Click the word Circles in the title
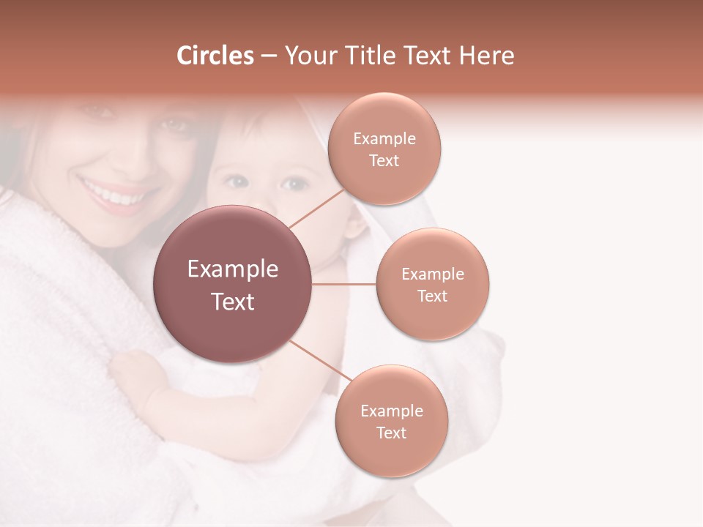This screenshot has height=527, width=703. click(215, 56)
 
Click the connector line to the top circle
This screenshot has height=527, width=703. click(316, 208)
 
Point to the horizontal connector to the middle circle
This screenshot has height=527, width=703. click(344, 284)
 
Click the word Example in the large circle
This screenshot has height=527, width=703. click(233, 269)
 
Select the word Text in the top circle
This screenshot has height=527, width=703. click(384, 161)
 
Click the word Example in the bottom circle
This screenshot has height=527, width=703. click(391, 411)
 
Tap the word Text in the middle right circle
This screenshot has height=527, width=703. click(432, 296)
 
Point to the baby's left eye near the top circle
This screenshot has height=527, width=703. click(295, 183)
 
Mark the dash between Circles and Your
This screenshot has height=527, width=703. click(269, 56)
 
